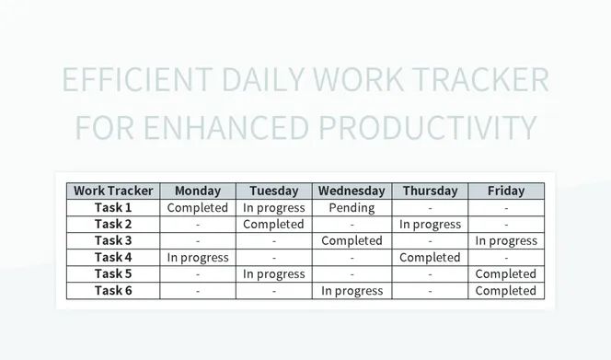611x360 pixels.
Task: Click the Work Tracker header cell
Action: tap(113, 191)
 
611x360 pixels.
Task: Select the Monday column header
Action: tap(198, 191)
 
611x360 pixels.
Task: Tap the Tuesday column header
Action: tap(273, 191)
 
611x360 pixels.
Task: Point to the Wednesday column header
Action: tap(352, 191)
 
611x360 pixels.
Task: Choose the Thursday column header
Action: tap(430, 191)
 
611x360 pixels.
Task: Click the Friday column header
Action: tap(506, 191)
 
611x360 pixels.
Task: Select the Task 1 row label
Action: tap(113, 207)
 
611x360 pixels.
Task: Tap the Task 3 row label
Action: tap(113, 240)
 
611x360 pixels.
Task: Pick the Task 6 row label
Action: tap(113, 290)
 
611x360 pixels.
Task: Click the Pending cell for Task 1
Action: tap(352, 207)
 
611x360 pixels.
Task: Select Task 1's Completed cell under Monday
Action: tap(198, 207)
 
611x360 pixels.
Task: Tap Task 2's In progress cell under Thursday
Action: tap(430, 224)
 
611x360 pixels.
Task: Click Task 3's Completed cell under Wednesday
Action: tap(352, 240)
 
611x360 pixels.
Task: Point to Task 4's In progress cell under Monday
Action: tap(198, 257)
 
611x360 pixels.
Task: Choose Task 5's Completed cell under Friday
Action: tap(506, 273)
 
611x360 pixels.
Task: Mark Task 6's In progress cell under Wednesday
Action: tap(352, 290)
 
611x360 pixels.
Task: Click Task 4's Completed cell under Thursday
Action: tap(430, 257)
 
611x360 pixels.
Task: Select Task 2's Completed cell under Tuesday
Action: tap(273, 224)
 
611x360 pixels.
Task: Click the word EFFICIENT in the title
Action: tap(135, 80)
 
